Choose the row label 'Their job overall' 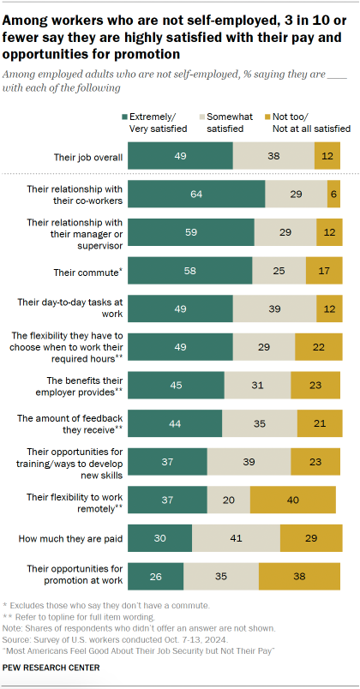(89, 156)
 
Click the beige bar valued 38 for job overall (274, 158)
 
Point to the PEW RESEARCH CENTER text (51, 667)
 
